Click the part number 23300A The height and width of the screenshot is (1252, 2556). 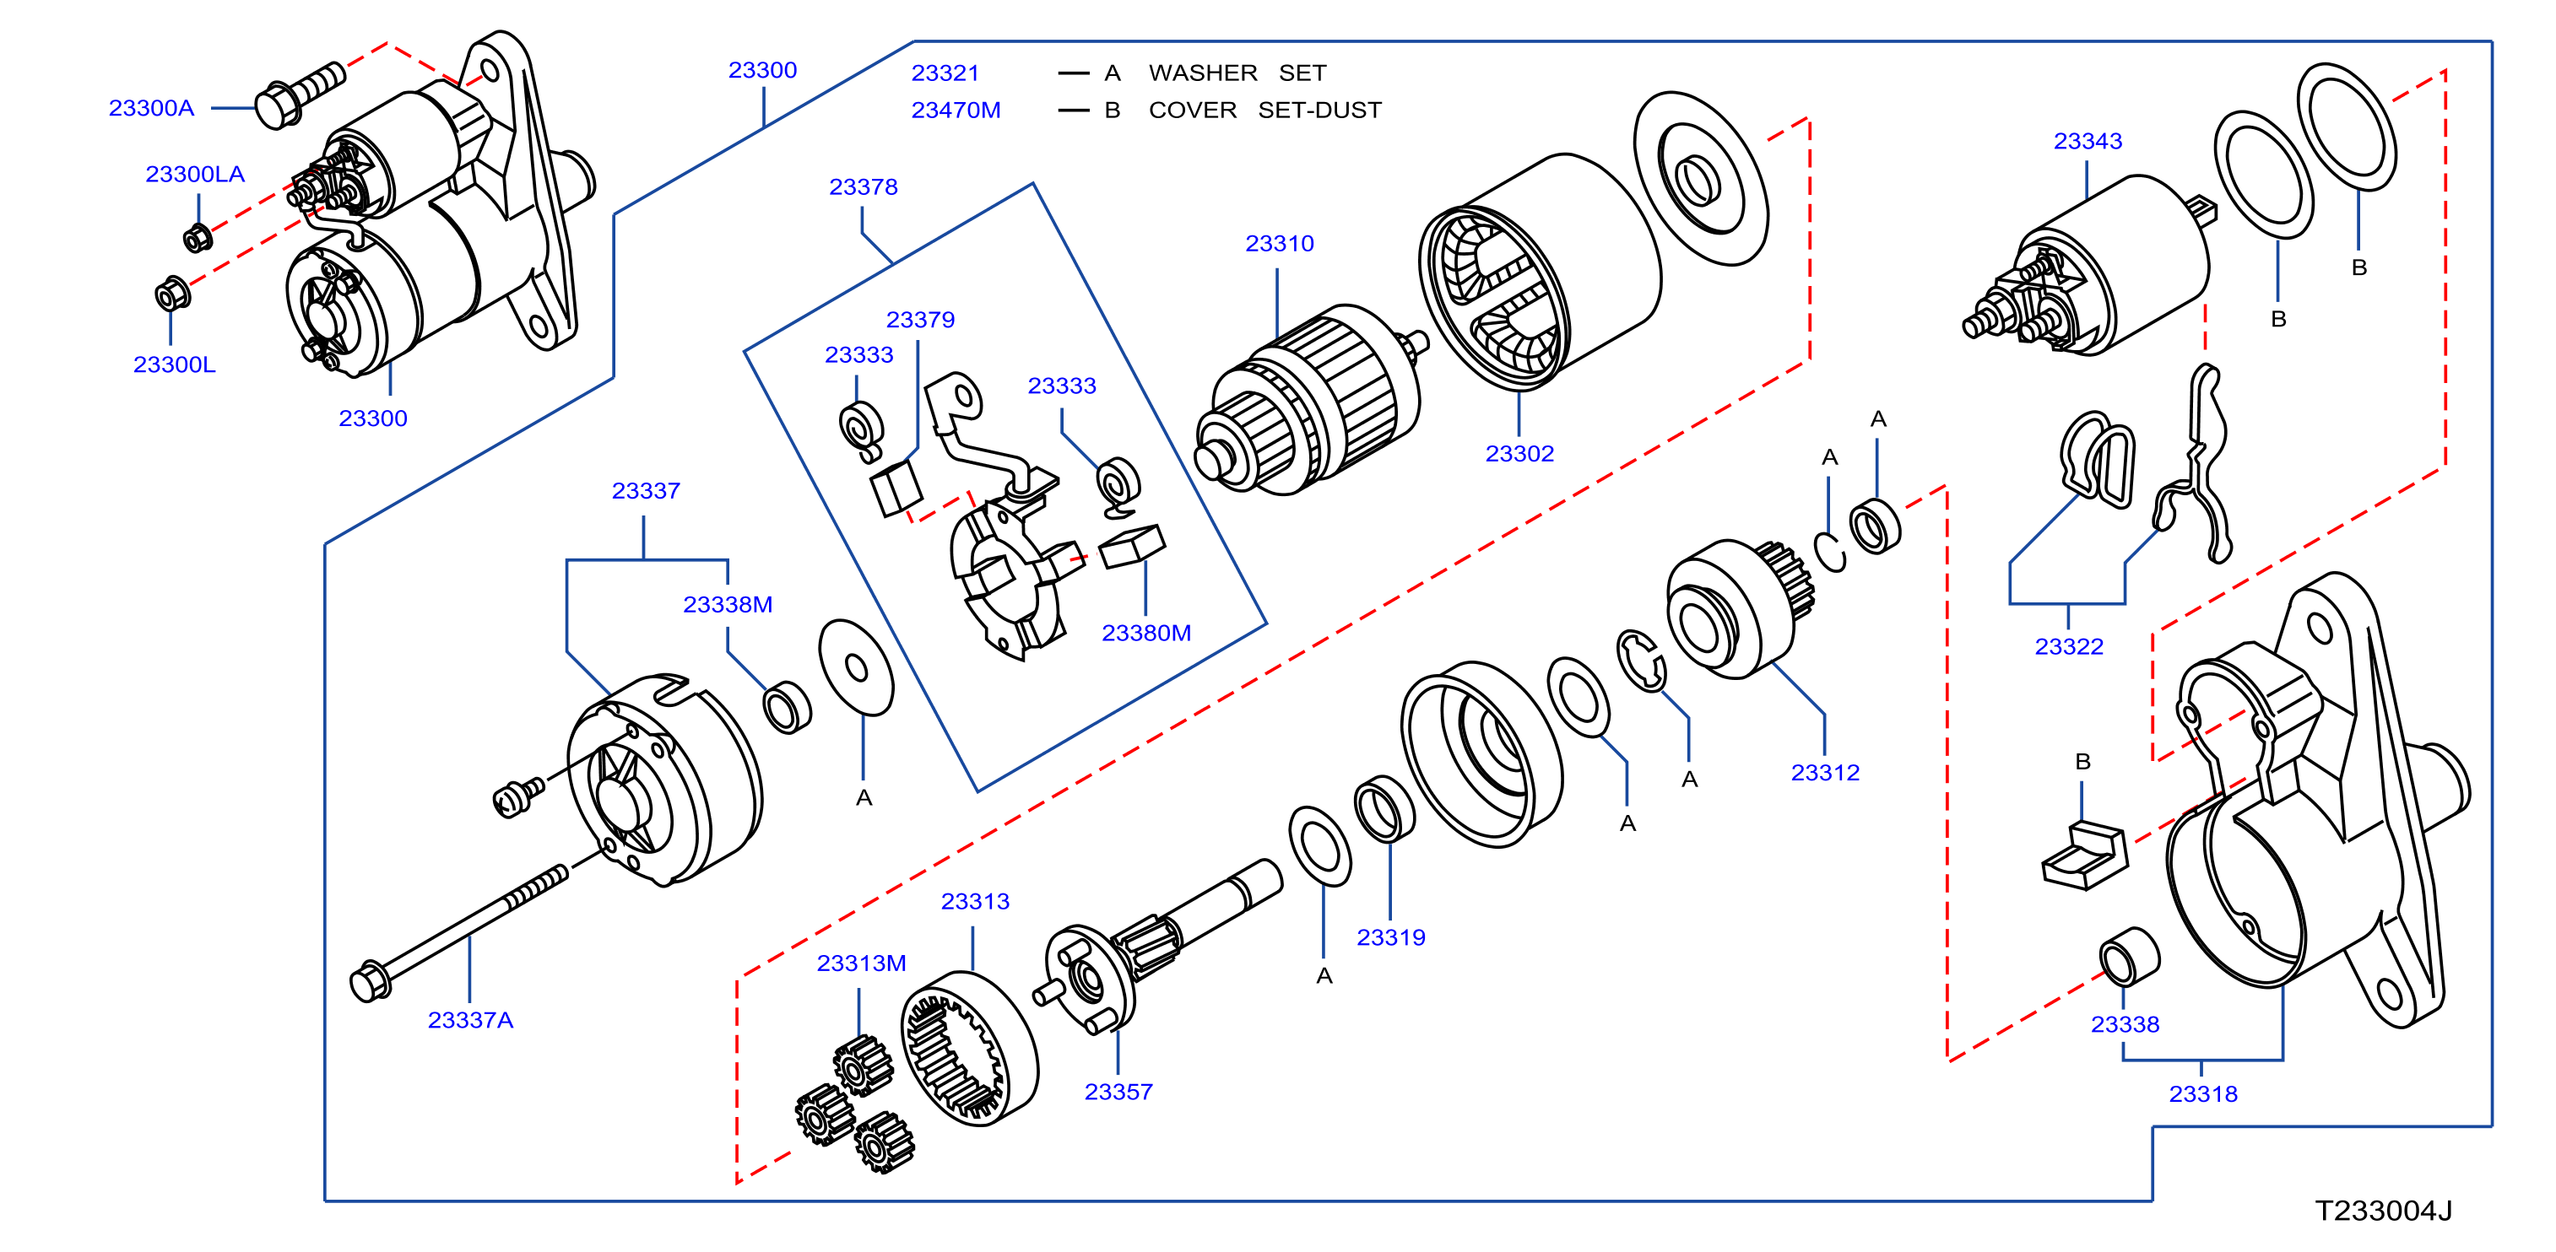point(151,108)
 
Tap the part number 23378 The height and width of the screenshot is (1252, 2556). point(864,187)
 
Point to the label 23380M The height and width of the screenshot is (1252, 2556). point(1146,633)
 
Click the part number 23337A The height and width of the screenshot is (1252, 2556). point(470,1020)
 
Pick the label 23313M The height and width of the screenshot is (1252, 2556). point(861,963)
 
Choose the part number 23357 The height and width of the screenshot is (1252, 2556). point(1118,1093)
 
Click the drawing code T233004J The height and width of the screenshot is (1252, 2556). point(2383,1212)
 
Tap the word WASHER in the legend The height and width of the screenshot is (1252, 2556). point(1203,73)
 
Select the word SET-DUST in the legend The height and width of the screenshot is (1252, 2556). point(1319,111)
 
